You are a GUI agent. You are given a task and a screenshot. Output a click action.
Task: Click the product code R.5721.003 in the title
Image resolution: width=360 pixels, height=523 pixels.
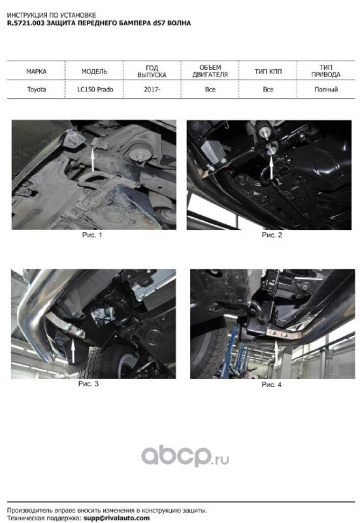25,23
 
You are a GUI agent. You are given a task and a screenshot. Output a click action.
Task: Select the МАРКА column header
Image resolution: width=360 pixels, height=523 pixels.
37,72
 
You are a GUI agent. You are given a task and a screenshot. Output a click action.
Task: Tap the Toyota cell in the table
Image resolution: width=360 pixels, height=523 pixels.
37,90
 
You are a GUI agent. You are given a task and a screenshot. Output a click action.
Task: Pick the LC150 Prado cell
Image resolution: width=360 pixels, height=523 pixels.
95,90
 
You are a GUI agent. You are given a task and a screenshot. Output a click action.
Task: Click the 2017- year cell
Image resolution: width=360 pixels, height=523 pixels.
152,90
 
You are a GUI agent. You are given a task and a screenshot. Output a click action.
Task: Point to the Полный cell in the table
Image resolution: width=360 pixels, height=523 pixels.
326,90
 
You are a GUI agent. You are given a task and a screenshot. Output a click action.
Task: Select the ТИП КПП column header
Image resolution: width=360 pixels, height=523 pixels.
268,72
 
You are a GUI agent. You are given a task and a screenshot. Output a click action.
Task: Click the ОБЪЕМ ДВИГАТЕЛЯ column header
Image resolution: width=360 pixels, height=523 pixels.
210,71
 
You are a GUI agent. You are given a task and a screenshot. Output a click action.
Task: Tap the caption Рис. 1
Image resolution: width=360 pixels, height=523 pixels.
92,235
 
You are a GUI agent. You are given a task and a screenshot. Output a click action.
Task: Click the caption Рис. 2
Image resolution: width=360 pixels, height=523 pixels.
272,235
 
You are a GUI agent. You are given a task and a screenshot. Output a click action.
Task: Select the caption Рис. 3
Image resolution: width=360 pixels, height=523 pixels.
88,384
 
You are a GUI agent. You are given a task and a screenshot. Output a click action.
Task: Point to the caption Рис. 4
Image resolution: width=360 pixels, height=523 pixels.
271,384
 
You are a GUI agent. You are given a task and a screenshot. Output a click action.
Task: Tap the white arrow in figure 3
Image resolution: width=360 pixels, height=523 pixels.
73,351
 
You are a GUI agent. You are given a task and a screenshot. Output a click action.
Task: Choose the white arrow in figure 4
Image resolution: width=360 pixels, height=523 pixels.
276,351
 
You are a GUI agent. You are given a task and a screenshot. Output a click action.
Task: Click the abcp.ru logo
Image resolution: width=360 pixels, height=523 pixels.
185,456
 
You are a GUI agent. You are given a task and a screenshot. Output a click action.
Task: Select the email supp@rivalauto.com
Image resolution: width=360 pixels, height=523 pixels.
116,518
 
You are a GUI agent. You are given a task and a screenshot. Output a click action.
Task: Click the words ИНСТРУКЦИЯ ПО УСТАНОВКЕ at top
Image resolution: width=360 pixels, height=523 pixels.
52,15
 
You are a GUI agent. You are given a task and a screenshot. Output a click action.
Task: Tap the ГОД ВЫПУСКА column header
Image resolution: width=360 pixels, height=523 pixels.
152,71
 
